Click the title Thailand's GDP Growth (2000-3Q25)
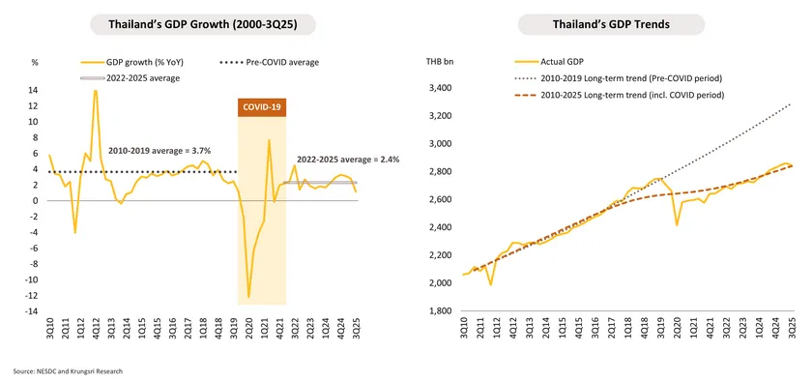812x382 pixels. click(x=204, y=24)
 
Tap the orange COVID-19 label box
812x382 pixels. click(x=261, y=106)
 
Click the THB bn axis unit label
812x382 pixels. click(x=440, y=62)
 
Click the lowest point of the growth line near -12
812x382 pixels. click(x=248, y=297)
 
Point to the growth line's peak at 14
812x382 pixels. click(x=95, y=90)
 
